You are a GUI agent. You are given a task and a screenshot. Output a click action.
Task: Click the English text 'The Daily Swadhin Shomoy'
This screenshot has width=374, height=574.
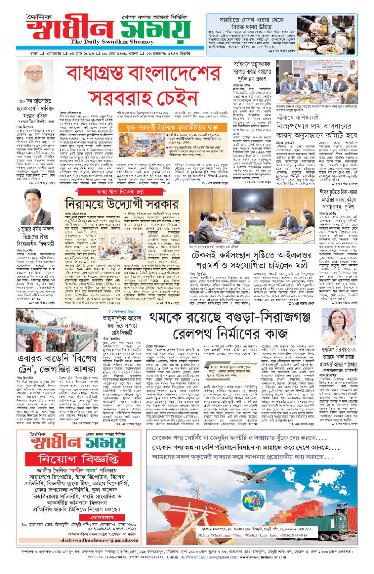click(102, 42)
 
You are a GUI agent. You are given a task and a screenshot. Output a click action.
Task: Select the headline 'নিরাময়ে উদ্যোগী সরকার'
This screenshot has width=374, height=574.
click(122, 204)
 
